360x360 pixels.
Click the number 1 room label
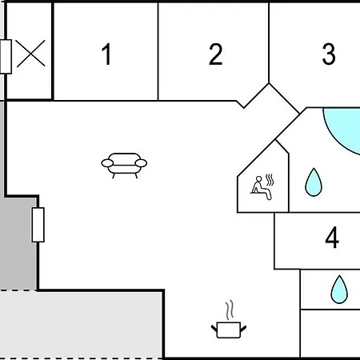107,54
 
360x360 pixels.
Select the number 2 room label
215,54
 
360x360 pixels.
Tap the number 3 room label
329,54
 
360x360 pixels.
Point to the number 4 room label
332,238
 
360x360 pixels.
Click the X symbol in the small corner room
30,54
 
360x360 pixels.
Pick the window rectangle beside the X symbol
6,57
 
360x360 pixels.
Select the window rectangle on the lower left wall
38,225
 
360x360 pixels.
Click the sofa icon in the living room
124,166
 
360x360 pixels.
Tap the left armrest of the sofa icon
107,163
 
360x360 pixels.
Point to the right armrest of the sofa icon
141,163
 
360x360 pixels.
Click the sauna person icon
262,186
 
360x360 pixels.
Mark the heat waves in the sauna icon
270,180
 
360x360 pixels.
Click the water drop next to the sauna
314,183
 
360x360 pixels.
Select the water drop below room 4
339,290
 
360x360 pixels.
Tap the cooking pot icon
229,330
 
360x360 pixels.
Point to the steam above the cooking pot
230,310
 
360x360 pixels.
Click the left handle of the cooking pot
214,328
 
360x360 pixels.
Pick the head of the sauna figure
258,179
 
